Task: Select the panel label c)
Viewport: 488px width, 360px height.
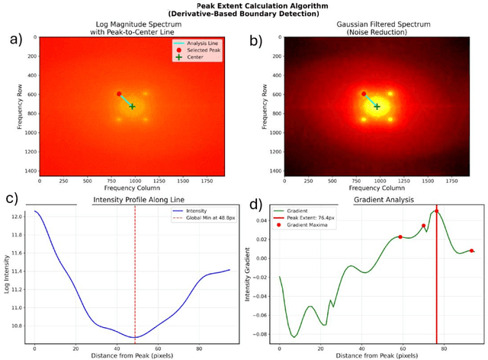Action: [11, 200]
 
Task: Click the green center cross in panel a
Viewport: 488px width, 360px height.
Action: [132, 106]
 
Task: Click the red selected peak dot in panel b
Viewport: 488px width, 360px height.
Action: [364, 94]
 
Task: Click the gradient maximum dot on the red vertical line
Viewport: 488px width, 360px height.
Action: [436, 211]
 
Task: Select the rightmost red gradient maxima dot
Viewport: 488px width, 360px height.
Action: [472, 251]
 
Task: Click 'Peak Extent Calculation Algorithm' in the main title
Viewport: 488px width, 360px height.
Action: [243, 5]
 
